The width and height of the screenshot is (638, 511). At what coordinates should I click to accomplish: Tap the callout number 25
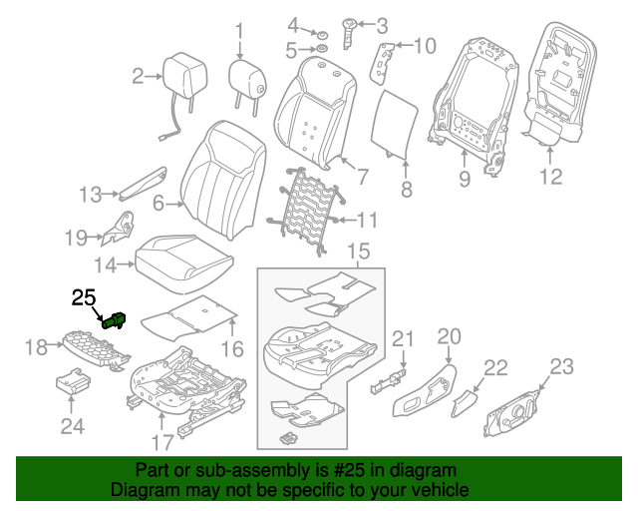[x=84, y=297]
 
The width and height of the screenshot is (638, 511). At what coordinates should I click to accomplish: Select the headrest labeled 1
[x=246, y=77]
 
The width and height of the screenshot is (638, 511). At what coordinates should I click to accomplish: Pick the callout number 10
[x=425, y=45]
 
